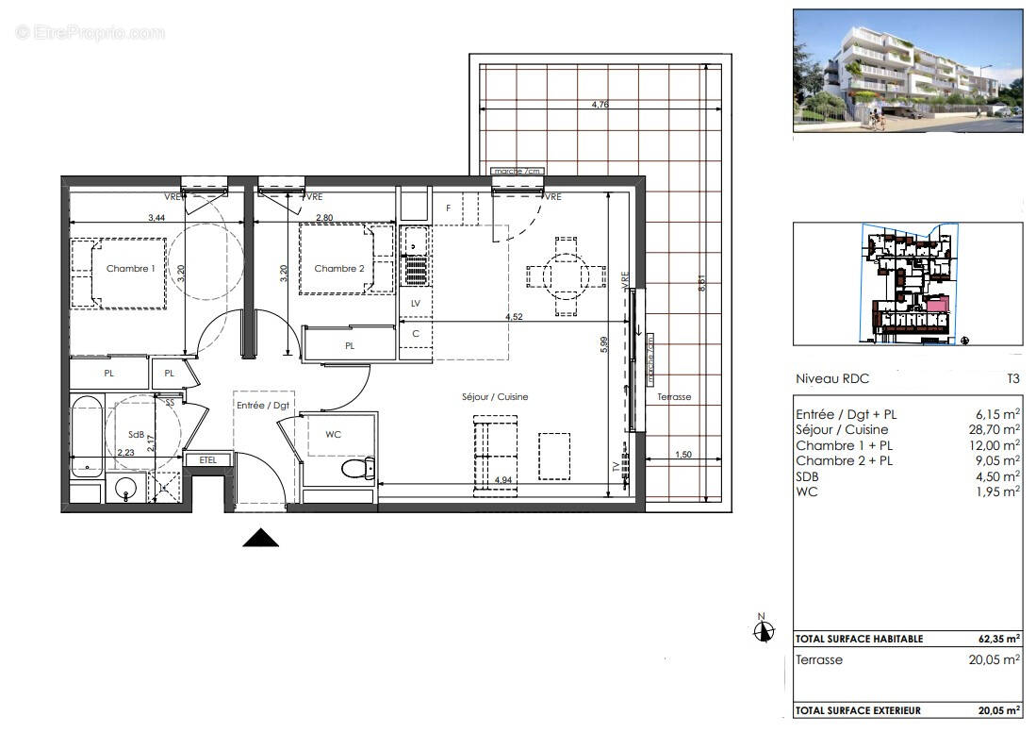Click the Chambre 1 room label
click(x=130, y=269)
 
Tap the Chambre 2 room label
click(x=338, y=269)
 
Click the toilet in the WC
click(x=358, y=468)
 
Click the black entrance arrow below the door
click(x=261, y=538)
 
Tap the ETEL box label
click(x=206, y=459)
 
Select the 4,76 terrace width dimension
click(x=600, y=106)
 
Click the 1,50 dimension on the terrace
click(x=685, y=456)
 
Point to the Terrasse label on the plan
click(x=674, y=397)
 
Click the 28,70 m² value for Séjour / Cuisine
click(x=995, y=429)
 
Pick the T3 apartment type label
click(x=1012, y=379)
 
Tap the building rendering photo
click(x=907, y=71)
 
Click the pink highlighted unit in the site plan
click(x=936, y=305)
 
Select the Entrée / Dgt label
click(x=263, y=405)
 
